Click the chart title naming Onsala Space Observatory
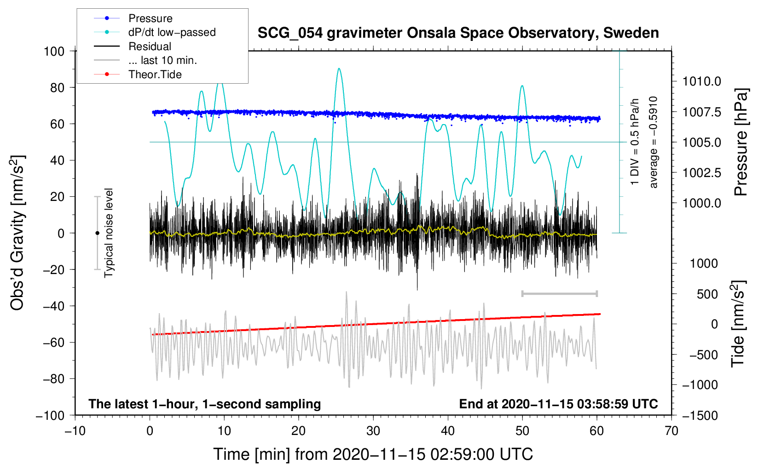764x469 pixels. coord(458,33)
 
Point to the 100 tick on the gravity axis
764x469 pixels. coord(54,51)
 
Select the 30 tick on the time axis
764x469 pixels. coord(373,431)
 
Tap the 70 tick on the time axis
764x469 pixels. coord(671,431)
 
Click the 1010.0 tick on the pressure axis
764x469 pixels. coord(701,82)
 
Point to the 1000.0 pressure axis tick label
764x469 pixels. coord(701,203)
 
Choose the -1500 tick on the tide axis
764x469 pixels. coord(700,415)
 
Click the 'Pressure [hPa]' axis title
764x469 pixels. coord(741,142)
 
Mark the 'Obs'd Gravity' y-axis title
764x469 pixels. coord(17,233)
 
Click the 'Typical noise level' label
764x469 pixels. coord(109,233)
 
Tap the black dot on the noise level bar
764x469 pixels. coord(97,233)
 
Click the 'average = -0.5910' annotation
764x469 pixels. coord(654,142)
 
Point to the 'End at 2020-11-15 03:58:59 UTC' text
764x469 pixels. coord(558,404)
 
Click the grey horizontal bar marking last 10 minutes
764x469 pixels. coord(559,293)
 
